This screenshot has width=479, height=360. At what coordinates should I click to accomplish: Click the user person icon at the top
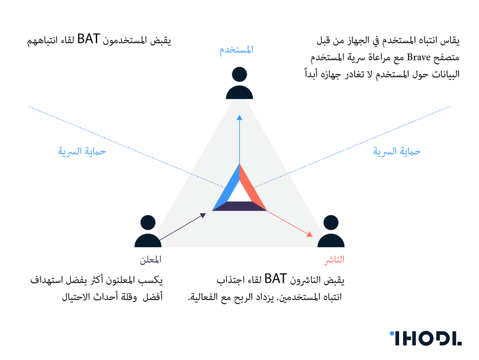(240, 84)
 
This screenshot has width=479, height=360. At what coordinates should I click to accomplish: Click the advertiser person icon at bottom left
(148, 232)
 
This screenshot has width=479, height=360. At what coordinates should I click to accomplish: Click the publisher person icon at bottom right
(331, 232)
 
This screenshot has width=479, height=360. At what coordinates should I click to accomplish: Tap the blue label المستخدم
(237, 50)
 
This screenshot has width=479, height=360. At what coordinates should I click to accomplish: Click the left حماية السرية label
(81, 151)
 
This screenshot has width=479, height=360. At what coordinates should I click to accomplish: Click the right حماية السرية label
(397, 151)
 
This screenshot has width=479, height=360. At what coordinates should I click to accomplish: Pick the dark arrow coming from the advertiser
(183, 227)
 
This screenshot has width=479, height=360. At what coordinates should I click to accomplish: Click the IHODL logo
(425, 338)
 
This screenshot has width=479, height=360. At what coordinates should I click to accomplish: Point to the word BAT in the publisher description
(275, 280)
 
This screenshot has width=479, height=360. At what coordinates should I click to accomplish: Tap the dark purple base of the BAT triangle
(240, 206)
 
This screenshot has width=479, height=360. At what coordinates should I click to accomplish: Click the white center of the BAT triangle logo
(240, 193)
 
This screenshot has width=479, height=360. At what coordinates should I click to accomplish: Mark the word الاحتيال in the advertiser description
(77, 297)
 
